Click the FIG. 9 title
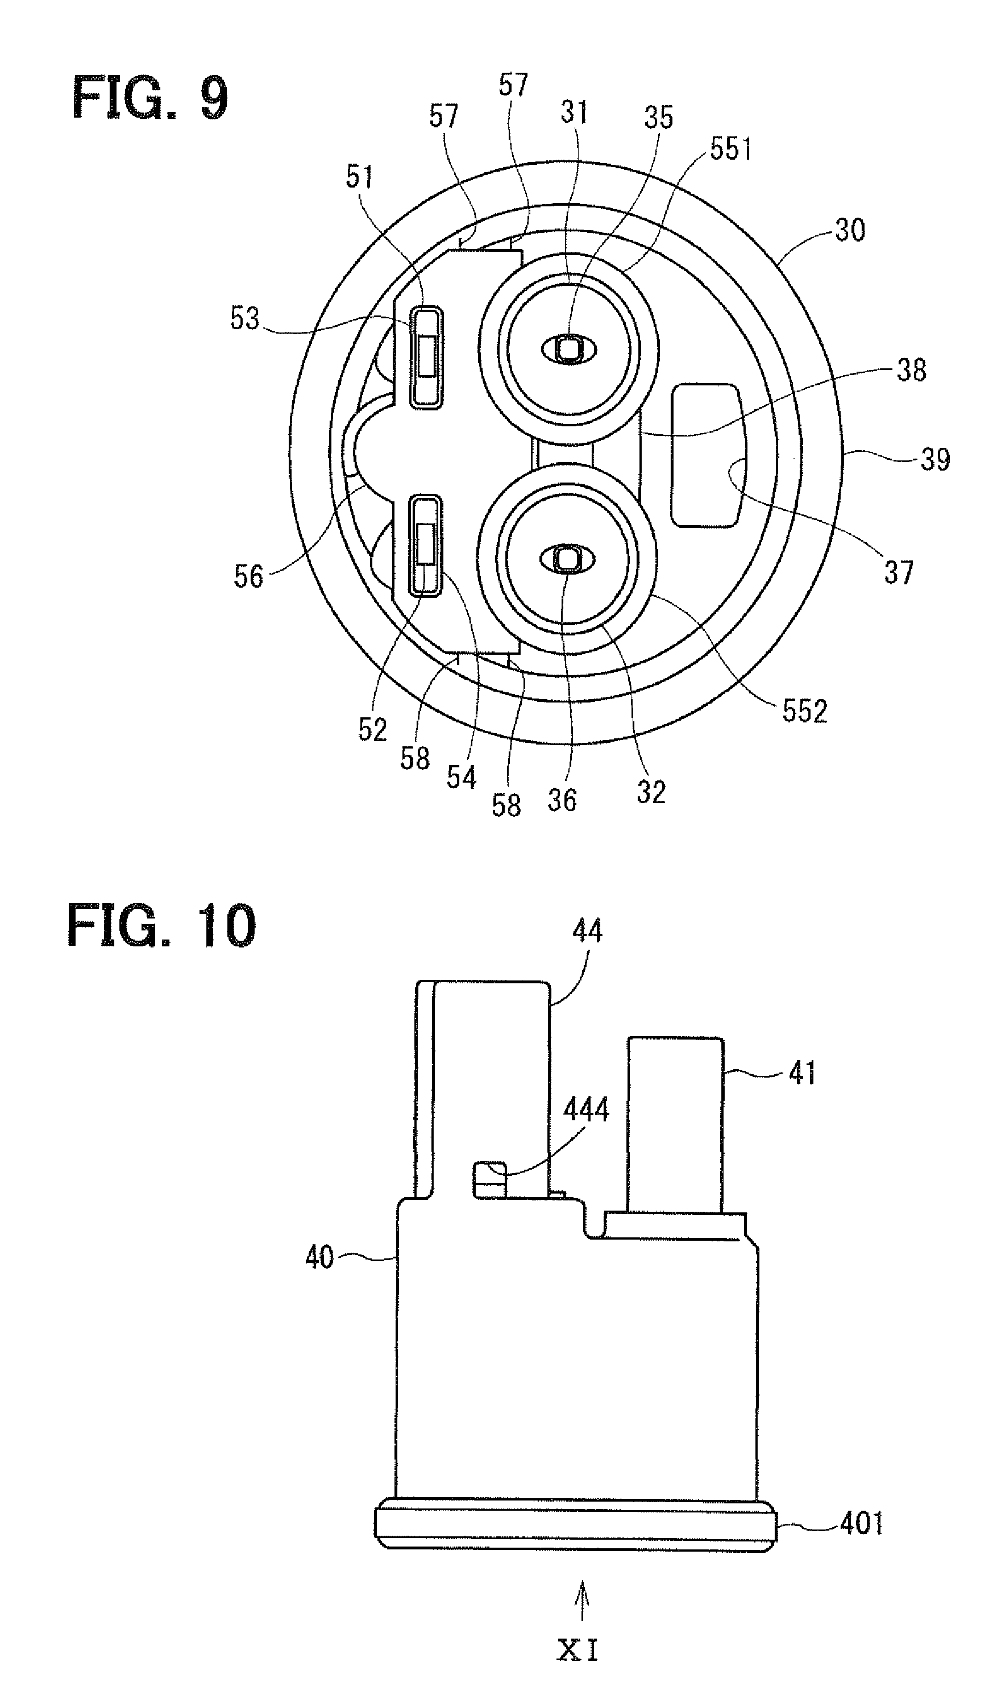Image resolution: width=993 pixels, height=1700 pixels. click(x=149, y=98)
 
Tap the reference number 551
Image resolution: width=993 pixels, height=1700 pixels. click(x=732, y=148)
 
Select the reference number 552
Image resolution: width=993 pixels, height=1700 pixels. click(x=805, y=711)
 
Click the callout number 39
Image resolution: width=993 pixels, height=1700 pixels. click(x=935, y=459)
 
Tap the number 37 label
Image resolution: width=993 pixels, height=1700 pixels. click(x=899, y=573)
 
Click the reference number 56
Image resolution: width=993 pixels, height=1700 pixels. click(x=248, y=577)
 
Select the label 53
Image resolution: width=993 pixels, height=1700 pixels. click(x=244, y=318)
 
